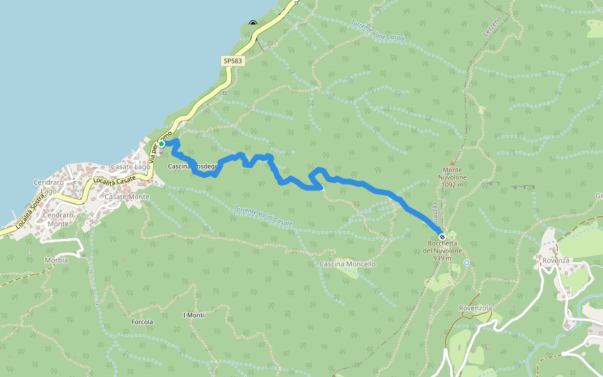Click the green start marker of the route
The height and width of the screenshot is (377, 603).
(161, 144)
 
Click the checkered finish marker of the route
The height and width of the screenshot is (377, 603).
(442, 237)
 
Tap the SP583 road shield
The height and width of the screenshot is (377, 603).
(232, 61)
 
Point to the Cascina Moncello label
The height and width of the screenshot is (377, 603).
(347, 264)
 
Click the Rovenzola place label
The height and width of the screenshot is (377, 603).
(475, 308)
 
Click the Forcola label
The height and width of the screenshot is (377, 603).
(142, 322)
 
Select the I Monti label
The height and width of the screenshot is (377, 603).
(193, 314)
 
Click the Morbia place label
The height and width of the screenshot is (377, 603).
(56, 260)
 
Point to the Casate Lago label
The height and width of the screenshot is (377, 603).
(130, 167)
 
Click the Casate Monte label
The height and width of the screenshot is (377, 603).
(127, 197)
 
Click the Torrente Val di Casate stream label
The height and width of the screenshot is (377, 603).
(263, 217)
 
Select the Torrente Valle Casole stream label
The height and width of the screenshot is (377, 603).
(378, 32)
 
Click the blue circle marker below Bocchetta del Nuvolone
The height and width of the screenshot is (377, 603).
(467, 262)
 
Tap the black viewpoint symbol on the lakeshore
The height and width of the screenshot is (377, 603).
(253, 24)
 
